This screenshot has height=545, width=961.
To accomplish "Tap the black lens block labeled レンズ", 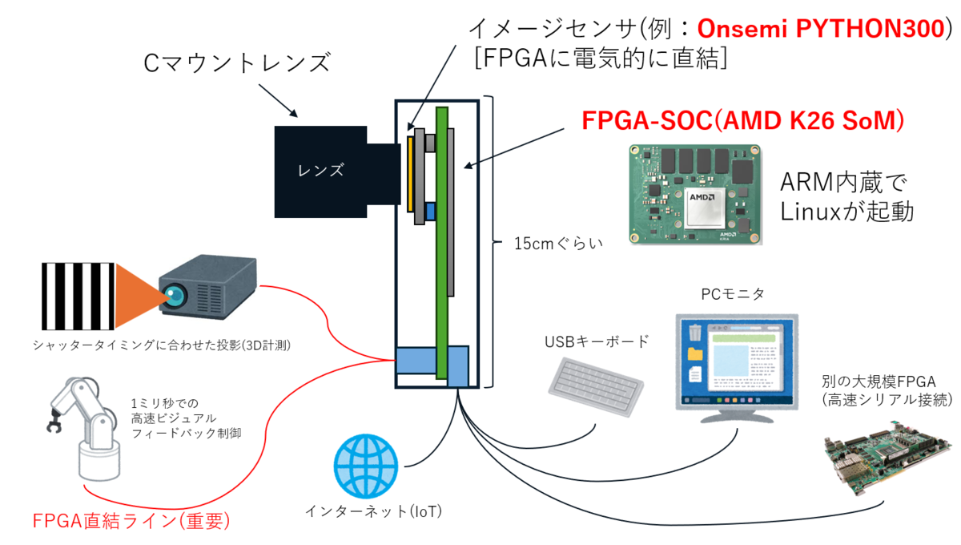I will [320, 169].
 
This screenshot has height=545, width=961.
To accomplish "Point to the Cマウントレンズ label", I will [236, 61].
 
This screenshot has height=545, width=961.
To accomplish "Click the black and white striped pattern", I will [78, 296].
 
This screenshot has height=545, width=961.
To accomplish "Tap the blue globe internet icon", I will [365, 465].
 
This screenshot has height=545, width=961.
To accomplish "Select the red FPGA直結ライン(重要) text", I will [131, 521].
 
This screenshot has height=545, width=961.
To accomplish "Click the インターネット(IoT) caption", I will [373, 511].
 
